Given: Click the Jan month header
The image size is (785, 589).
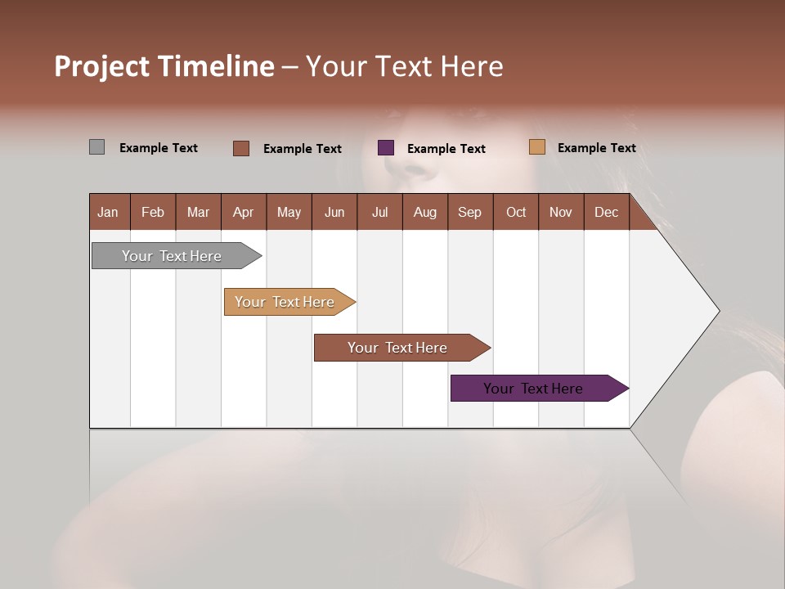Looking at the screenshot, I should point(109,212).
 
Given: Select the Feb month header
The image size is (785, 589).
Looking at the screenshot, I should point(153,212).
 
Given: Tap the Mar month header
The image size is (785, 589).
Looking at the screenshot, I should point(198,212).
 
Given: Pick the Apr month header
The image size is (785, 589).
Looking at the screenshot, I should point(244,212).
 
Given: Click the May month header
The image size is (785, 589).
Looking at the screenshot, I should point(289,212).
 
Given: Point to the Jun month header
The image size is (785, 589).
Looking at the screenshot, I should point(334,212).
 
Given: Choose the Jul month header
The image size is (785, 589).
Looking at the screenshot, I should point(379,212).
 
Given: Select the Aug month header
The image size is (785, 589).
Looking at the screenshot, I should point(425,212).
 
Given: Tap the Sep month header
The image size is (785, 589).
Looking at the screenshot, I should point(470,212).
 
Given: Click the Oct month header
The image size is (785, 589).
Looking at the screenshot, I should point(516,212).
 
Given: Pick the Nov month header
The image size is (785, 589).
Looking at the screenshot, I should point(561,212).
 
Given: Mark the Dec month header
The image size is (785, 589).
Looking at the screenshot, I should point(607,212).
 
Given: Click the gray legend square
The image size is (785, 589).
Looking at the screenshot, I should point(96,147).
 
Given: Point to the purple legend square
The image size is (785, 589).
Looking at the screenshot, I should point(386,148).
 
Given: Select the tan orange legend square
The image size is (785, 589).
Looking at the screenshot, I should point(536,147).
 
